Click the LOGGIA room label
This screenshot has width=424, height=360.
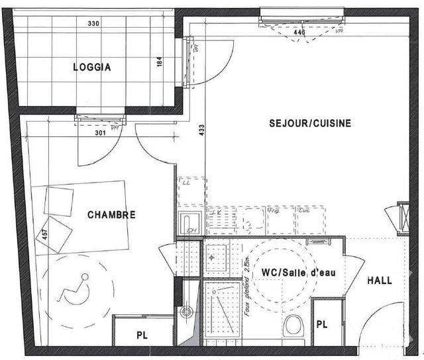pyautogui.click(x=91, y=67)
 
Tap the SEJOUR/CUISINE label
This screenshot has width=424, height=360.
pyautogui.click(x=309, y=123)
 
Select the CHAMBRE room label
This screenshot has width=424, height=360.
pyautogui.click(x=111, y=215)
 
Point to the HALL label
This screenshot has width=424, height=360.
pyautogui.click(x=379, y=281)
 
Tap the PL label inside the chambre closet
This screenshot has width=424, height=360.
pyautogui.click(x=142, y=336)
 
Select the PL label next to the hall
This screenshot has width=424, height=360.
pyautogui.click(x=322, y=324)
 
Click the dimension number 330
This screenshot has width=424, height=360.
pyautogui.click(x=93, y=24)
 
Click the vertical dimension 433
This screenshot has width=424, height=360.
pyautogui.click(x=201, y=132)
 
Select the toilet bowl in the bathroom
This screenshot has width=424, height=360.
pyautogui.click(x=292, y=326)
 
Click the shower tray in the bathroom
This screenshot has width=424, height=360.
pyautogui.click(x=223, y=311)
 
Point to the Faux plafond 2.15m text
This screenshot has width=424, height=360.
pyautogui.click(x=246, y=285)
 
